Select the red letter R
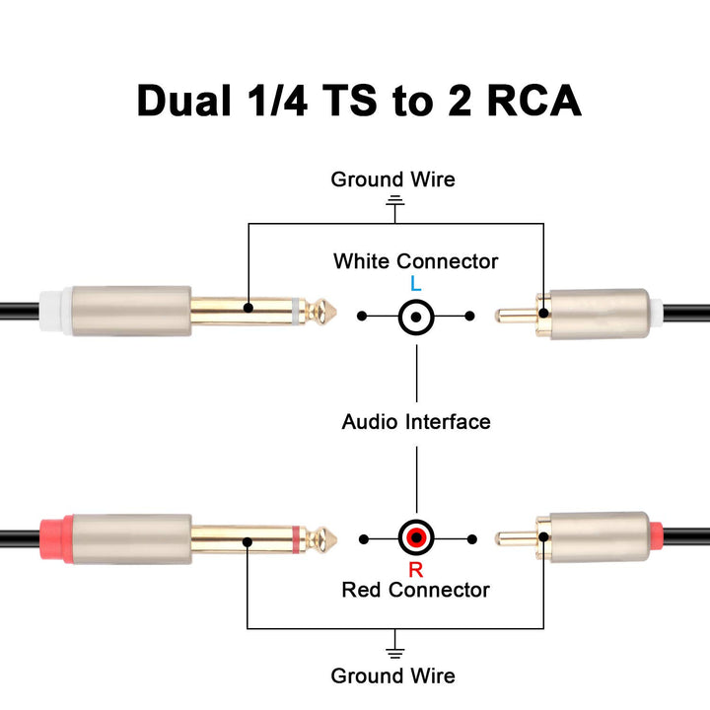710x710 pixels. (x=416, y=569)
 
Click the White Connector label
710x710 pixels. (x=415, y=261)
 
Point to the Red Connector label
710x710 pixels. (x=415, y=590)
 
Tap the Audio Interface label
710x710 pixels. (x=416, y=422)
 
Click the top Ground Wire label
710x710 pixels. (x=392, y=179)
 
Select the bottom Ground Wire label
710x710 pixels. (x=392, y=675)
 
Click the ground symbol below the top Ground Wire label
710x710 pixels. (x=395, y=203)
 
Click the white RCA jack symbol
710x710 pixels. (x=416, y=317)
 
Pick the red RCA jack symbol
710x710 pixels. (x=416, y=539)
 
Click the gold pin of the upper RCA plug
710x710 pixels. (x=514, y=317)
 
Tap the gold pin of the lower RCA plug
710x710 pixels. (x=514, y=539)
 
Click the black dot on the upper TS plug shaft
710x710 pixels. (x=248, y=309)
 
